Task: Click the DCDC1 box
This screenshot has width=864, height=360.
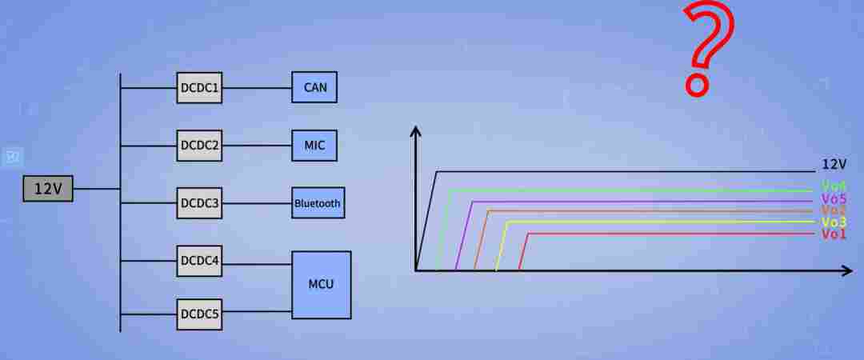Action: pyautogui.click(x=199, y=88)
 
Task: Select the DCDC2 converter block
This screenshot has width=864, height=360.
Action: pyautogui.click(x=199, y=146)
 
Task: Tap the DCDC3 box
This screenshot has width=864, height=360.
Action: pyautogui.click(x=199, y=203)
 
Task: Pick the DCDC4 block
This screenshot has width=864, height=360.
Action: pyautogui.click(x=199, y=261)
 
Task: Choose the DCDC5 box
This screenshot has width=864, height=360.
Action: pyautogui.click(x=199, y=314)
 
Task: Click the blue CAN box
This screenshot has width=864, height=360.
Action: pyautogui.click(x=314, y=87)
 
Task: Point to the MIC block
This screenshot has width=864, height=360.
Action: pyautogui.click(x=314, y=146)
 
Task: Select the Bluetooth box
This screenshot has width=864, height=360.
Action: pyautogui.click(x=318, y=202)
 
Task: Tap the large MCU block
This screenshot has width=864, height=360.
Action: pyautogui.click(x=322, y=285)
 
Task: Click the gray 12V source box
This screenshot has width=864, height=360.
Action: pyautogui.click(x=48, y=189)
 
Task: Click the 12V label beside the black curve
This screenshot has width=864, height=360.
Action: pyautogui.click(x=834, y=164)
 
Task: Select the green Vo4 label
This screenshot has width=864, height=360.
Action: pyautogui.click(x=834, y=186)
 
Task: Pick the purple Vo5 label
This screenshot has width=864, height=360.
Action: pyautogui.click(x=834, y=198)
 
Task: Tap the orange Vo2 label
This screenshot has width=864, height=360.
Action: pyautogui.click(x=834, y=210)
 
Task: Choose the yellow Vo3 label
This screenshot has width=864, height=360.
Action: pyautogui.click(x=834, y=222)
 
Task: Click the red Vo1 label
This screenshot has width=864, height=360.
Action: pyautogui.click(x=834, y=234)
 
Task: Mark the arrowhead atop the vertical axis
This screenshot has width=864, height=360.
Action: pyautogui.click(x=416, y=131)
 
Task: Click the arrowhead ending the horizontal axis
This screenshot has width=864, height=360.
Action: pyautogui.click(x=847, y=270)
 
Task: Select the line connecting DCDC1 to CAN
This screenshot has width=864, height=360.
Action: pyautogui.click(x=257, y=88)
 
